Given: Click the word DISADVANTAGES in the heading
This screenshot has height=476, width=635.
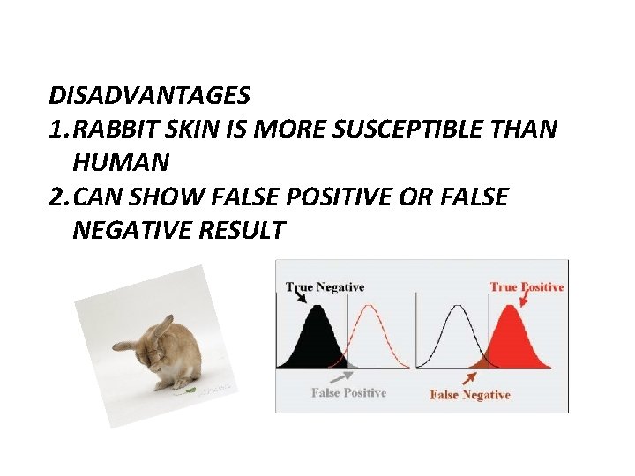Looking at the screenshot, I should click(x=150, y=93).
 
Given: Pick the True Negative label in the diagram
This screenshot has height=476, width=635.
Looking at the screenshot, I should click(x=325, y=287).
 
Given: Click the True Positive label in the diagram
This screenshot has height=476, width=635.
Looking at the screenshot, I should click(x=527, y=286).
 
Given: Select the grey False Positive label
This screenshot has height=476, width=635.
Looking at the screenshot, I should click(x=348, y=393).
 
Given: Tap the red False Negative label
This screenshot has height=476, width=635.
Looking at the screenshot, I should click(x=469, y=395).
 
